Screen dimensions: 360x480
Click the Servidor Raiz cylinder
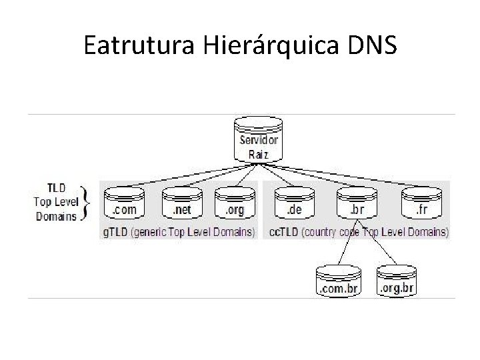coord(259,139)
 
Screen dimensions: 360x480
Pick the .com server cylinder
coord(124,202)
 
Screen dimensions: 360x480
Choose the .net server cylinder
coord(181,202)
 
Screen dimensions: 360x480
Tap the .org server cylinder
coord(234,202)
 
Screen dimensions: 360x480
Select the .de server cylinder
coord(294,202)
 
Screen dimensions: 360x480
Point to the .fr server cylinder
coord(421,202)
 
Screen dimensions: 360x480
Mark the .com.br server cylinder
coord(338,281)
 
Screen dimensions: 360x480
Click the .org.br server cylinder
coord(397,281)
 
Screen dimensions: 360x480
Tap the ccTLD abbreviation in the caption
coord(282,232)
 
